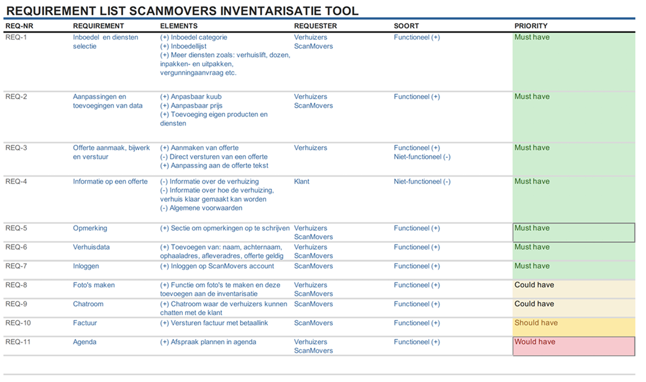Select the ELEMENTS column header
[178, 26]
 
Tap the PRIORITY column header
[530, 26]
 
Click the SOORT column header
[406, 26]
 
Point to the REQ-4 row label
[16, 181]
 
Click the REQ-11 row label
[18, 342]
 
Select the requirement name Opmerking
[90, 228]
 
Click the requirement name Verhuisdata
[91, 247]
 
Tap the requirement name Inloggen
[86, 266]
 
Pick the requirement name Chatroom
[88, 304]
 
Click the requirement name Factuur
[85, 323]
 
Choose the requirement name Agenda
[84, 342]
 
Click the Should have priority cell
[573, 327]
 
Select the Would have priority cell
[573, 346]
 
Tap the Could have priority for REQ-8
[573, 289]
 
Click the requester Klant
[302, 181]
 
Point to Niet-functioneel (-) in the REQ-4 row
[422, 181]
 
